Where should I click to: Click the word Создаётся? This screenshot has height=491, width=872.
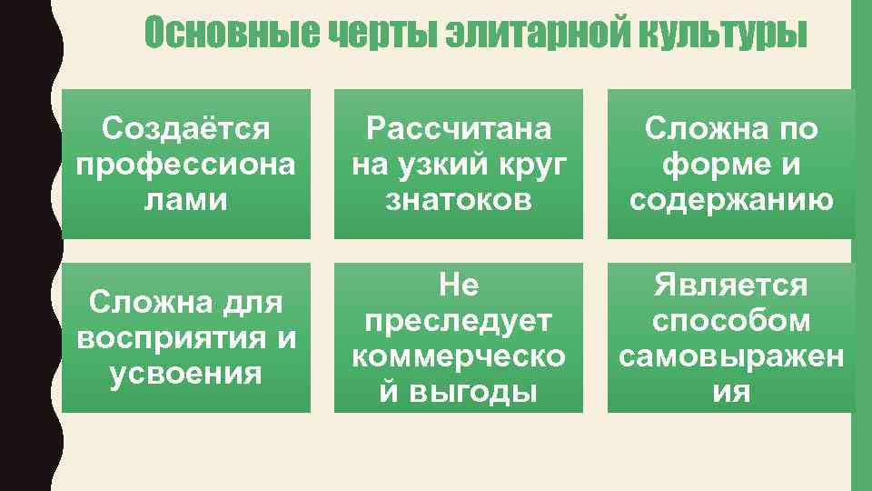tap(186, 129)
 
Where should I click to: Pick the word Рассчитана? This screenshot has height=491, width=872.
tap(459, 129)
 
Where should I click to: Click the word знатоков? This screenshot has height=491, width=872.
tap(459, 200)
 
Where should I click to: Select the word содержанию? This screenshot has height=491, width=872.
tap(731, 200)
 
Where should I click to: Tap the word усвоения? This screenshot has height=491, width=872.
tap(186, 374)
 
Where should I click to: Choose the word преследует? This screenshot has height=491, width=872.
tap(459, 321)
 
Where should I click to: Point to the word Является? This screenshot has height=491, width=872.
tap(731, 286)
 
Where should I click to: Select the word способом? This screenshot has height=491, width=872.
tap(731, 321)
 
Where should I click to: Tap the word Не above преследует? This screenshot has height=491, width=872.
tap(459, 286)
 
